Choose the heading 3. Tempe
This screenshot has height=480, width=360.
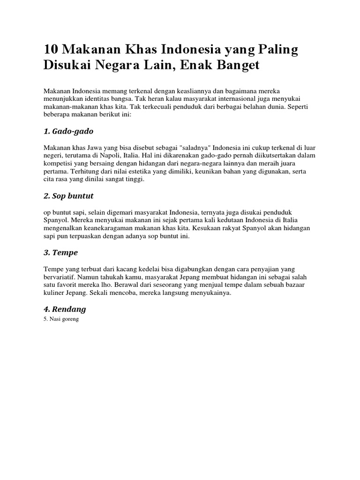pos(60,253)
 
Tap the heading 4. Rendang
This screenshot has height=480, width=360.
pos(65,309)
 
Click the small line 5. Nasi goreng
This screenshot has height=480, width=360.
pos(61,319)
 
